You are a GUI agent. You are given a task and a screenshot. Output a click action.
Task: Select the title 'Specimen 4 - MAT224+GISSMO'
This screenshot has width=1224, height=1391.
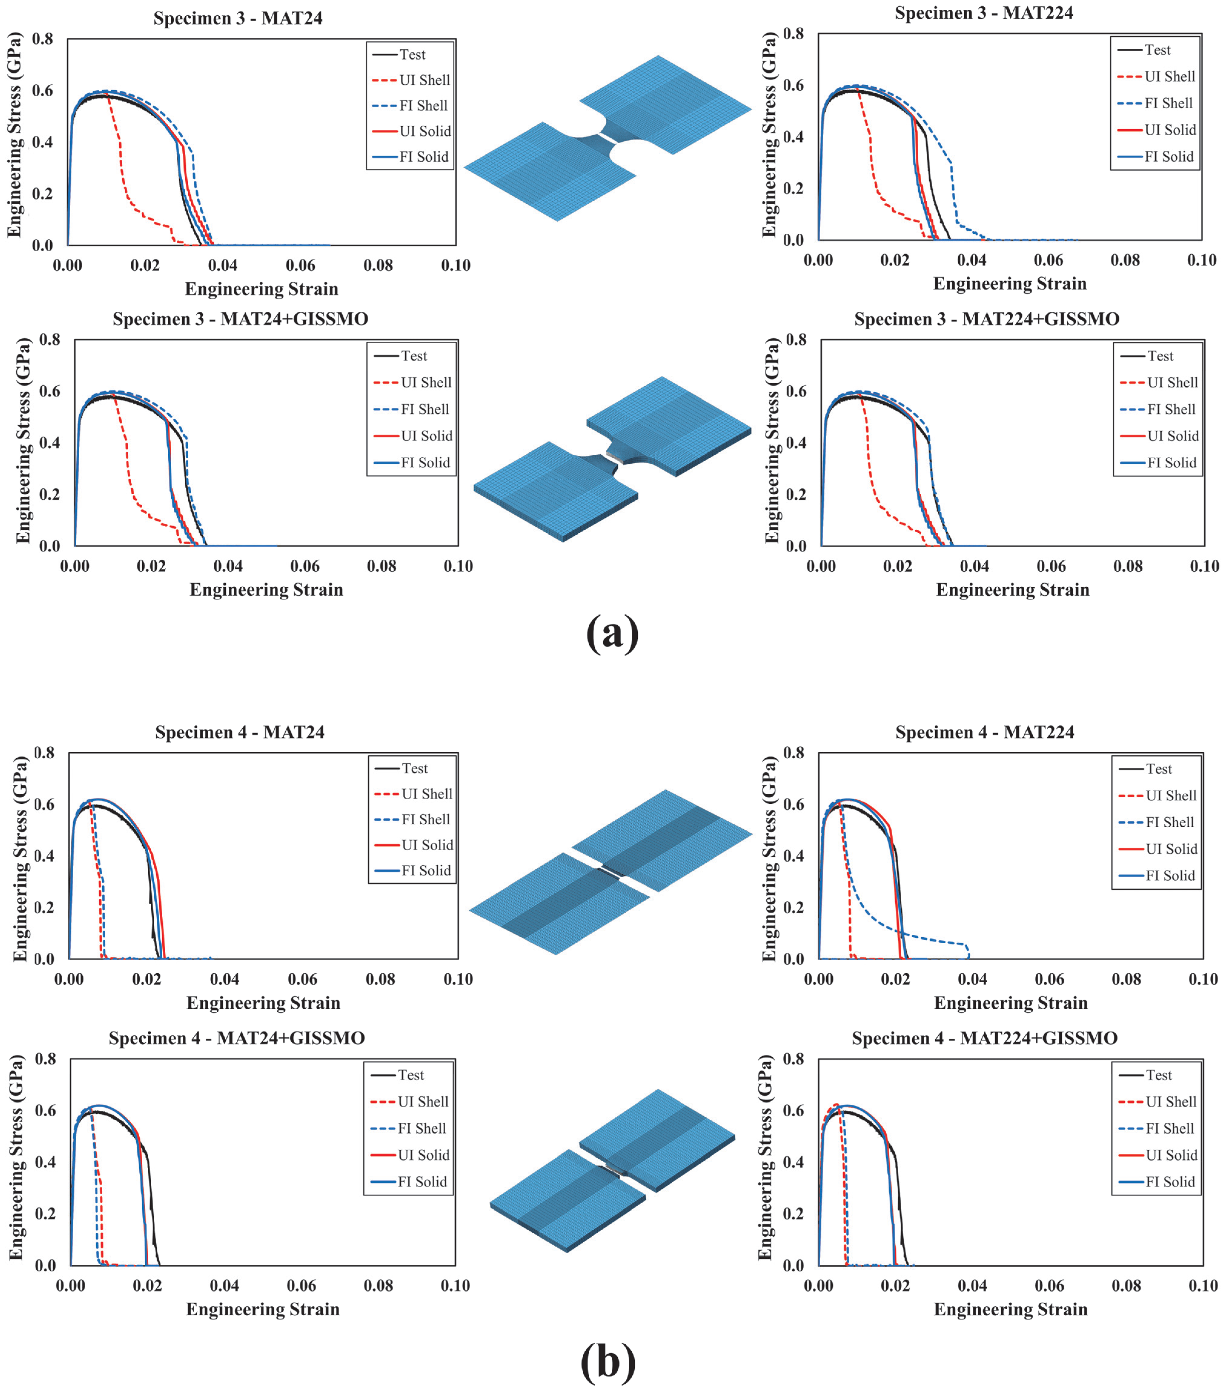tap(985, 1038)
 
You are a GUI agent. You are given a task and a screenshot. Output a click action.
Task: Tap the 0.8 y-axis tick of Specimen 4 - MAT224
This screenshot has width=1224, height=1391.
tap(793, 753)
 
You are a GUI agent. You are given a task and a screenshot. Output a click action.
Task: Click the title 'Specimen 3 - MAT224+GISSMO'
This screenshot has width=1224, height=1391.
tap(986, 319)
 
